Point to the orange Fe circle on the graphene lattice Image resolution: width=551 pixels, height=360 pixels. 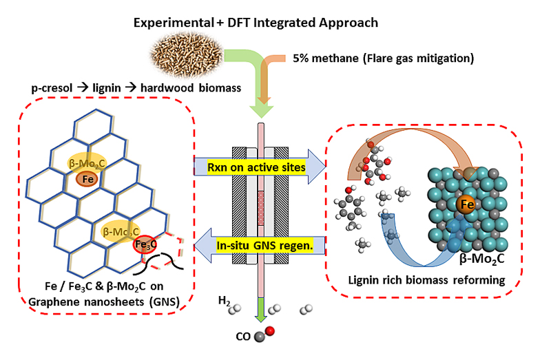tap(87, 178)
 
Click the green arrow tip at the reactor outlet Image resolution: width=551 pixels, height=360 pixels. tap(261, 317)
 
